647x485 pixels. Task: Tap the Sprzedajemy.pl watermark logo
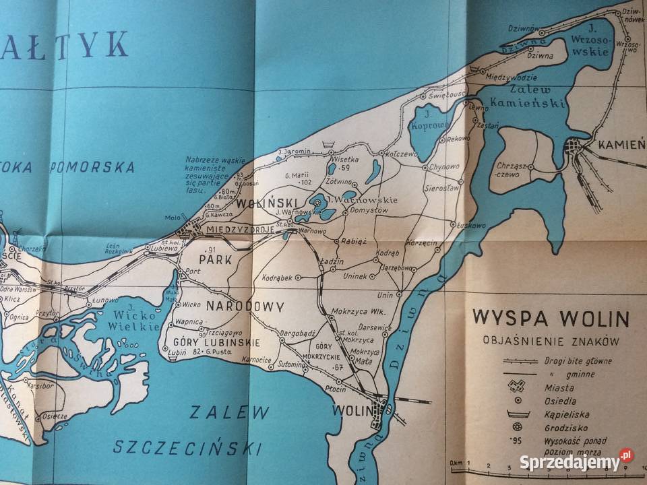(x=576, y=461)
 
